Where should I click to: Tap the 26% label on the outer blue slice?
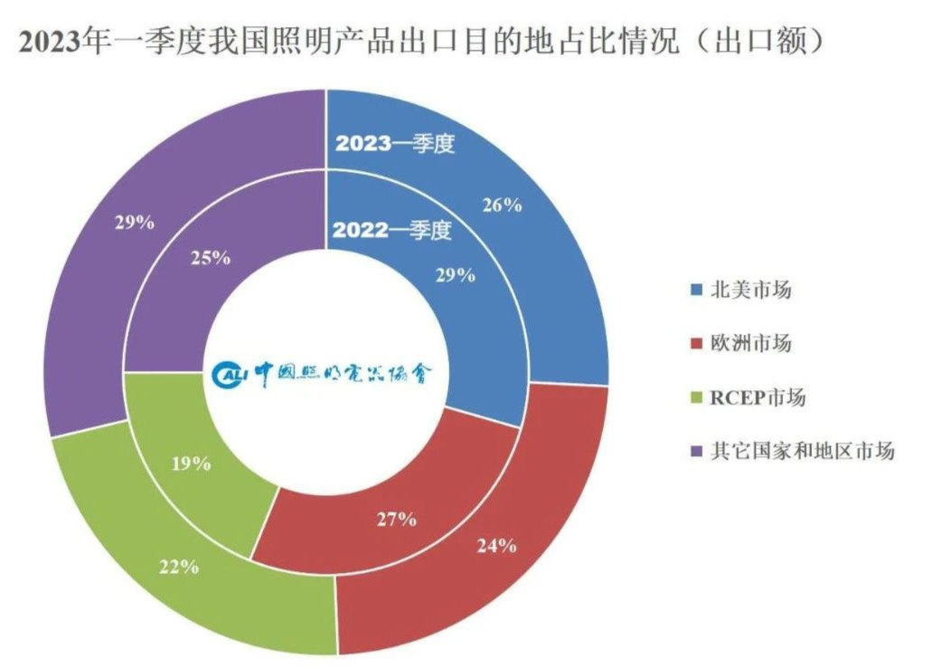[x=503, y=205]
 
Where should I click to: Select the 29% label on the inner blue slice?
[x=456, y=275]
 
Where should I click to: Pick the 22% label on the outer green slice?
[x=178, y=567]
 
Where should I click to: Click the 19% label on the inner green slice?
[x=191, y=463]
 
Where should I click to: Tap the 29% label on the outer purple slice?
[x=134, y=221]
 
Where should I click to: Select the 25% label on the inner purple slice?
[x=210, y=258]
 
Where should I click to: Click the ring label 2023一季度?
[x=395, y=144]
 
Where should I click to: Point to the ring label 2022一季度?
[x=391, y=231]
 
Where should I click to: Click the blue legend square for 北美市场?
[x=695, y=291]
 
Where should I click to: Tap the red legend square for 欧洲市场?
[x=695, y=344]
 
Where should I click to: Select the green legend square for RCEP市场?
[x=695, y=397]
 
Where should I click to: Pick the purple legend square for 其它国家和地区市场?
[x=695, y=451]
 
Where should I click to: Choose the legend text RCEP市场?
[x=758, y=397]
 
